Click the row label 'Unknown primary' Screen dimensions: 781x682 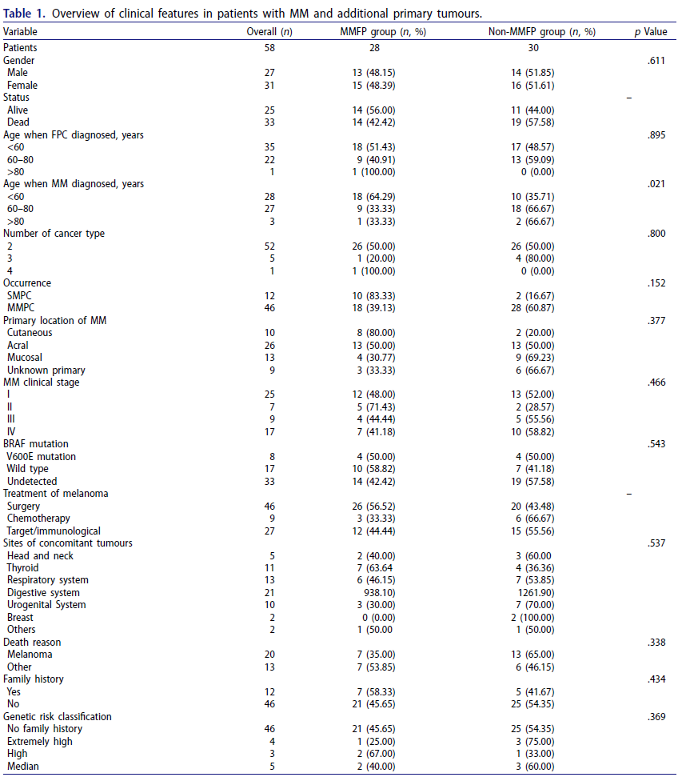pos(46,370)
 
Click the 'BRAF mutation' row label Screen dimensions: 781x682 pos(36,444)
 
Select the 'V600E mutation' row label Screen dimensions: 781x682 pos(42,456)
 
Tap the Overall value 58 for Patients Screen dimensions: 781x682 pos(269,48)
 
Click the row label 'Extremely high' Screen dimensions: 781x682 pos(39,741)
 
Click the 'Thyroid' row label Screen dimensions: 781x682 pos(22,567)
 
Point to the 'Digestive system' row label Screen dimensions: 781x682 pos(43,592)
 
